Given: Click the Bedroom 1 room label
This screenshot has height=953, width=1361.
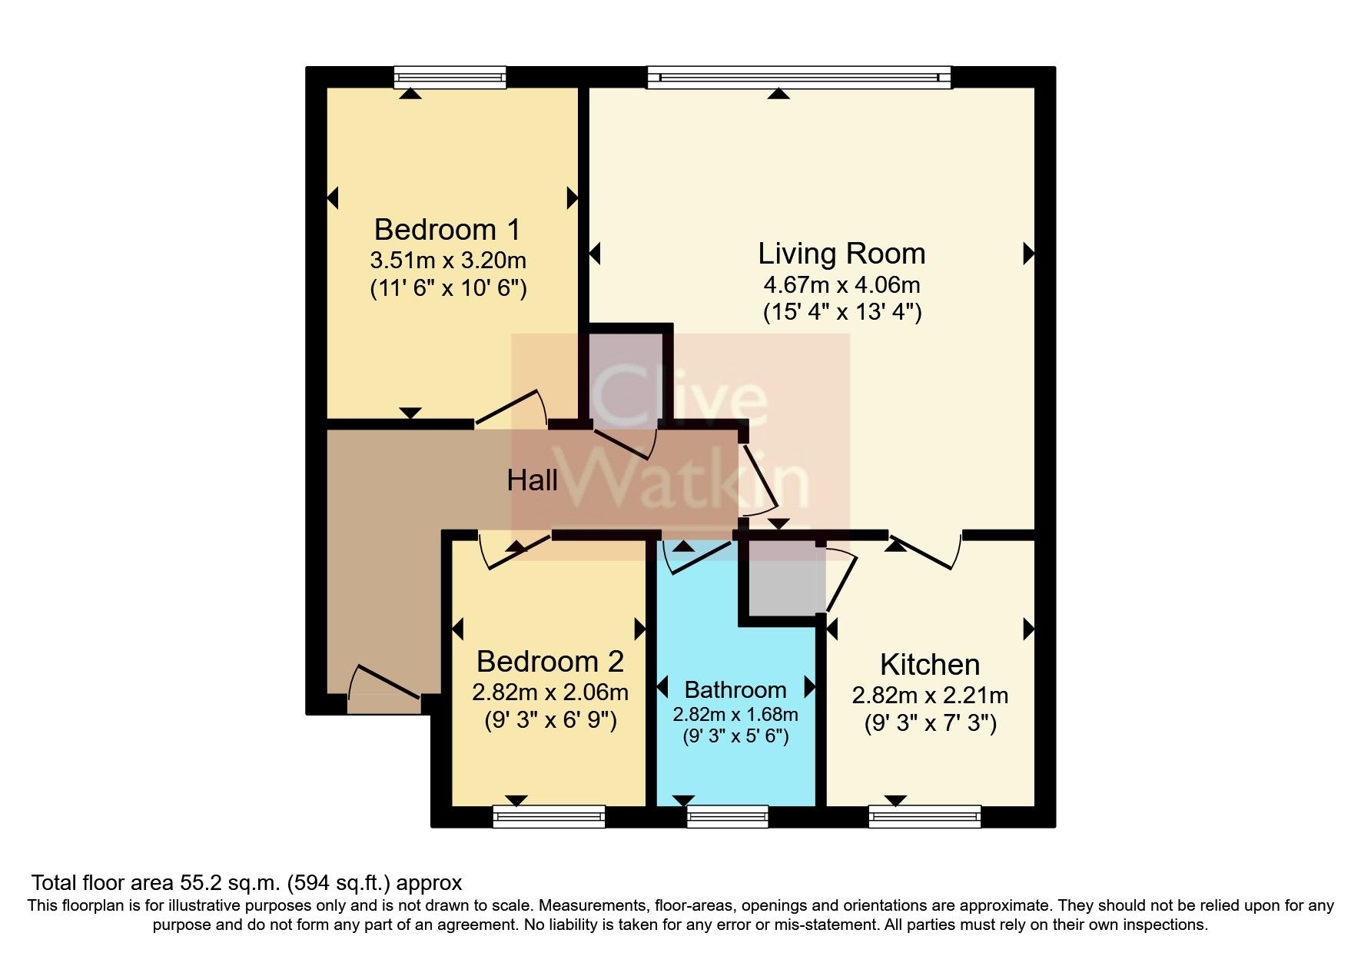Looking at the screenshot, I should pos(446,230).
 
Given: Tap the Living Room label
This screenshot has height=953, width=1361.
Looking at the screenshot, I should pos(841,254).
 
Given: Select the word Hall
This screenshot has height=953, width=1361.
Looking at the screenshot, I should pos(532,481).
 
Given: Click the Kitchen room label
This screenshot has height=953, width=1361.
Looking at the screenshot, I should pos(929,665).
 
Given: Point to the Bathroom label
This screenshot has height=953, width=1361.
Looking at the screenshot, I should pos(735,689).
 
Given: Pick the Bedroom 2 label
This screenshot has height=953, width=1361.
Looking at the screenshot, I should pos(549,662).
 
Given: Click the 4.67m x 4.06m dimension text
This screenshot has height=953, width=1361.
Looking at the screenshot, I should pos(841,285).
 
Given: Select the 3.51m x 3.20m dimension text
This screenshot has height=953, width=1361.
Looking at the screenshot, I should pos(447,260).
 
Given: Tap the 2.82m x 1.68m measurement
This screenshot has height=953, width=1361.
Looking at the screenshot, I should pos(735,715).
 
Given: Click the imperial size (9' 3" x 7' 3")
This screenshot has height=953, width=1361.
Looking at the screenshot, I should pos(930,724).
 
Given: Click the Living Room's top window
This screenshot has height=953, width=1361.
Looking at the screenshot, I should pos(799,77).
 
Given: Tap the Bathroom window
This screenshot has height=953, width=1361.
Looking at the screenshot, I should pos(727,816).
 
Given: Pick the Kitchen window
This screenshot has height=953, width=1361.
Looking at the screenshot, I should pos(924,816).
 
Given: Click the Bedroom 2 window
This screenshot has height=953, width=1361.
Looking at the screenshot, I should pos(549,816).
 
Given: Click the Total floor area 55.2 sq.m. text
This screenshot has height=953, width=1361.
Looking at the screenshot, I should pos(246,882).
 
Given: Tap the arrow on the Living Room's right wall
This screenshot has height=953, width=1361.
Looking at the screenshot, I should pos(1028,254).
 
